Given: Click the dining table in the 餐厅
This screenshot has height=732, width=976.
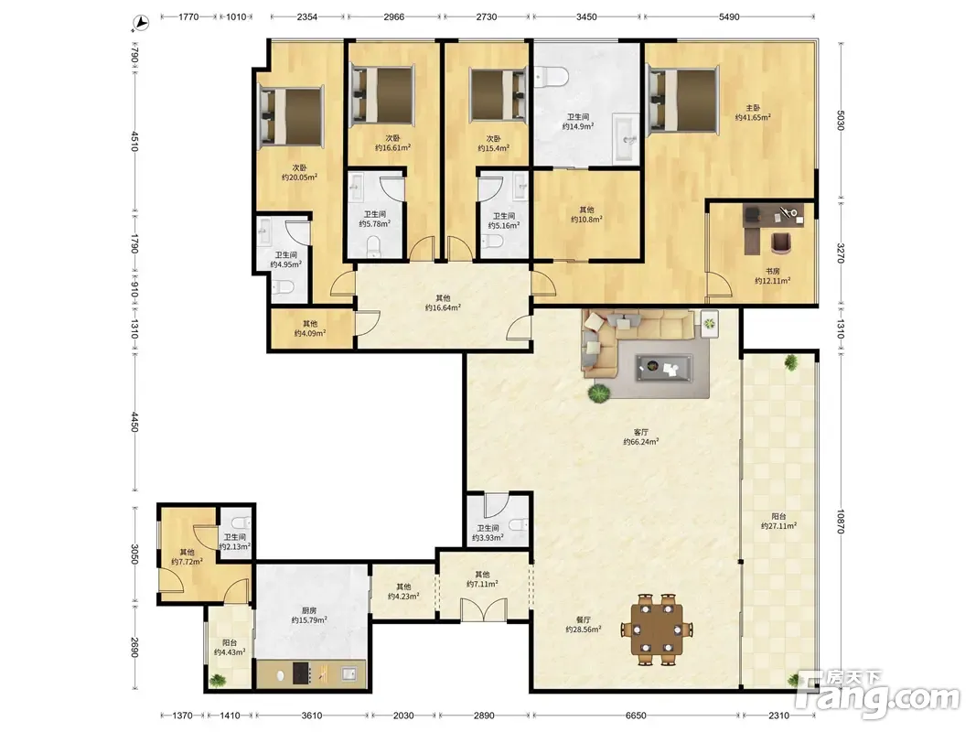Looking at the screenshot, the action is click(x=657, y=630).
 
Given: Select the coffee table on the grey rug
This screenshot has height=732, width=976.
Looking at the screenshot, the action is click(x=663, y=368).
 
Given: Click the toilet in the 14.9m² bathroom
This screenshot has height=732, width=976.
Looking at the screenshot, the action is click(x=552, y=77).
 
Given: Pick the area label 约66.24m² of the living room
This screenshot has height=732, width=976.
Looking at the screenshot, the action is click(x=640, y=442).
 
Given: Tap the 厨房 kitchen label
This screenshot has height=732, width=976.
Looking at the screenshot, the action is click(x=309, y=610).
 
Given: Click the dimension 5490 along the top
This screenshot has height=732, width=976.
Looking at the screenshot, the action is click(x=729, y=16).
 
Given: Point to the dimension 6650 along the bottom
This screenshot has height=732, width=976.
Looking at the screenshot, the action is click(x=636, y=716).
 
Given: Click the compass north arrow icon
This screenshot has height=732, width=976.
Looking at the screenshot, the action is click(x=142, y=23).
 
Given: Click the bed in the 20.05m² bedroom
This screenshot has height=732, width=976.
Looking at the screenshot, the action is click(x=292, y=116).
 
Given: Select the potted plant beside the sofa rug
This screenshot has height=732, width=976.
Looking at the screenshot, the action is click(x=599, y=393).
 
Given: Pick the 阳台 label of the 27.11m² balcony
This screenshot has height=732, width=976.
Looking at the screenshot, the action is click(x=778, y=516).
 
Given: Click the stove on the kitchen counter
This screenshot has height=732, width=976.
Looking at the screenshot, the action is click(x=302, y=673).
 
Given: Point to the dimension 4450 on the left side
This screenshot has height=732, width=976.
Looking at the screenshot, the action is click(x=134, y=422).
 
